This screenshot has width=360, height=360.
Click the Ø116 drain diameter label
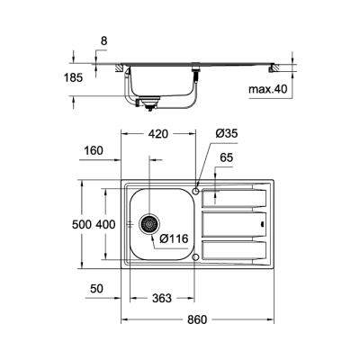point(173,238)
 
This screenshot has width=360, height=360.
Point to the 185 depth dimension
point(73,78)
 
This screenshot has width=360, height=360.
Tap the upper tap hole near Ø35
point(195,190)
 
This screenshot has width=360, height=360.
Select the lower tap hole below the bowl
point(195,257)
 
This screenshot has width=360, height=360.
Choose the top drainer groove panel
point(234,195)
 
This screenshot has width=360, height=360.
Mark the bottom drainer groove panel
point(234,250)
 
